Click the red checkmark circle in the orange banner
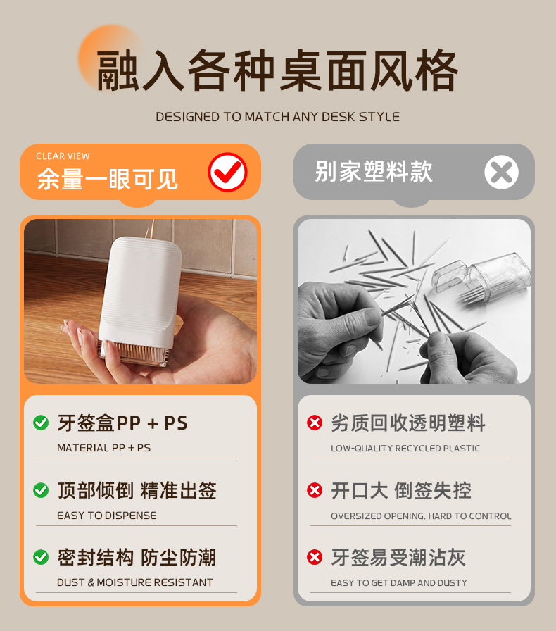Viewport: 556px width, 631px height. pos(227,172)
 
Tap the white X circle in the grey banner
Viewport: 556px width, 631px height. pos(501,172)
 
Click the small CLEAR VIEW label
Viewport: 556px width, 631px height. pos(63,156)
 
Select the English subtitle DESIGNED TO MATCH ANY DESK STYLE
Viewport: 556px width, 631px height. pos(277,117)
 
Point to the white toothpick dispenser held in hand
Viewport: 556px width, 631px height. pos(139,300)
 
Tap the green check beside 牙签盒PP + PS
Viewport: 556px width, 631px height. pos(41,423)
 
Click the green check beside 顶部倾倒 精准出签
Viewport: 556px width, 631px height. pos(41,490)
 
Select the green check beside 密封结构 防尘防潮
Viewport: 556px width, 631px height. pos(41,557)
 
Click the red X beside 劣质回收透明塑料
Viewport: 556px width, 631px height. pos(315,423)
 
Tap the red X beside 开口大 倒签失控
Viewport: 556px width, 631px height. pos(315,490)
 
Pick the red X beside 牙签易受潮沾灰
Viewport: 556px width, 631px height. pos(315,557)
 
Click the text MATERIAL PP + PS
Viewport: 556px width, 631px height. pos(103,448)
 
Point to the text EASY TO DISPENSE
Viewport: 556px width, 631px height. pos(106,516)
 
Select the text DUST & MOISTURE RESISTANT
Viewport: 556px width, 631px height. pos(134,582)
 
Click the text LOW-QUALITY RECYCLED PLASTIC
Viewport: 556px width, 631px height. pos(405,449)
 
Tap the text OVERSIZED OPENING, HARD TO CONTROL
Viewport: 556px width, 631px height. pos(421,516)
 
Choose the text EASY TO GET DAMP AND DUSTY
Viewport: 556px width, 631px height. pos(398,582)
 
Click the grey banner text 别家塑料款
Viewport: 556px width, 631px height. pos(374,172)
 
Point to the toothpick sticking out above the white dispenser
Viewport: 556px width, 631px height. pos(152,229)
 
